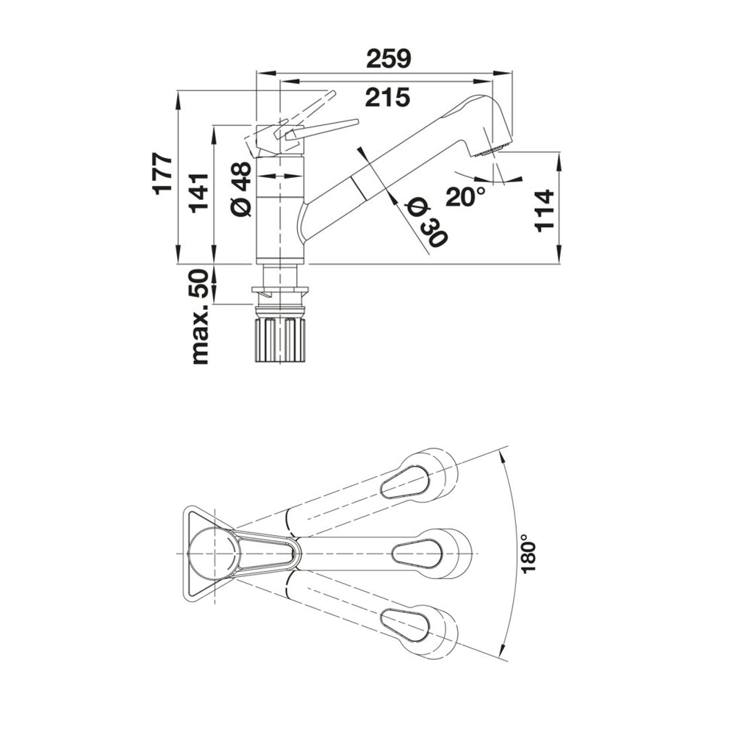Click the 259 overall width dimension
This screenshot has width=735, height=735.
[x=389, y=59]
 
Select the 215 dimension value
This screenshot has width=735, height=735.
[x=387, y=98]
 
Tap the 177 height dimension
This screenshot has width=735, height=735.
[x=164, y=173]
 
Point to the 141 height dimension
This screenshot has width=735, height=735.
[x=198, y=193]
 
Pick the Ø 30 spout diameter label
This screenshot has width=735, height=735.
[x=425, y=223]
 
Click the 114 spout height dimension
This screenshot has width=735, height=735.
[x=545, y=211]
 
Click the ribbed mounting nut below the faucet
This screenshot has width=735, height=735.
[x=280, y=340]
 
